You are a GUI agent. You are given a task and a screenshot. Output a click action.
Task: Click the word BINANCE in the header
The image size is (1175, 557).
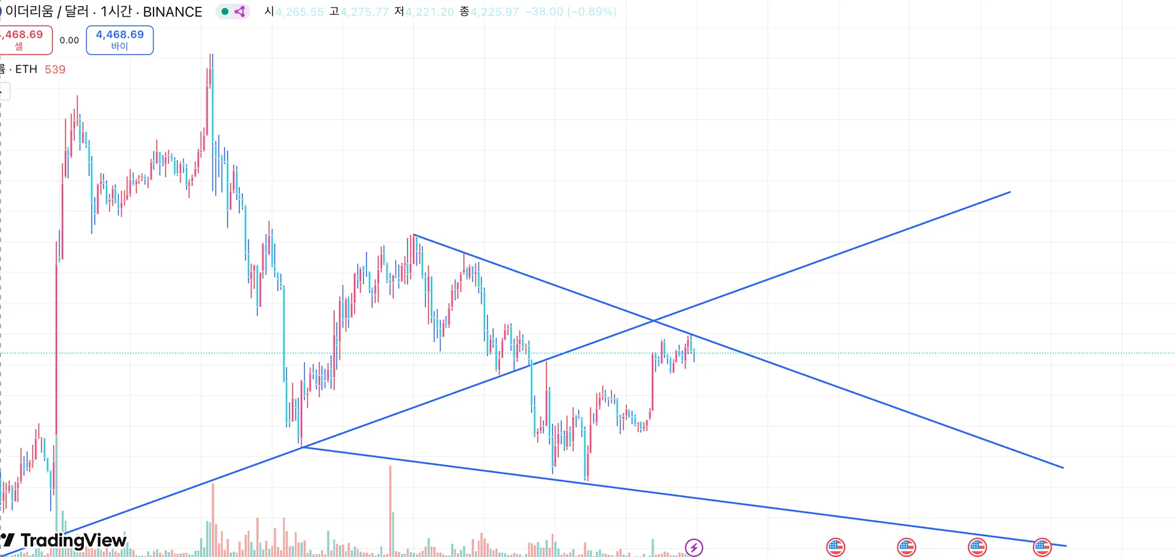(x=173, y=12)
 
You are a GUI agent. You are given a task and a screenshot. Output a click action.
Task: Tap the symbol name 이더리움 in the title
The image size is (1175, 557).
(x=29, y=12)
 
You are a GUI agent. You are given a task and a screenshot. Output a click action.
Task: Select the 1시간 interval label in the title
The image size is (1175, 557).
(x=116, y=12)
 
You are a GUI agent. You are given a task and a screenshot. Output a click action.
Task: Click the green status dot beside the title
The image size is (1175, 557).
(x=225, y=12)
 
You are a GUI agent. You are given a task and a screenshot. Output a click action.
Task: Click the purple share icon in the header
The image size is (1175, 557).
(x=240, y=12)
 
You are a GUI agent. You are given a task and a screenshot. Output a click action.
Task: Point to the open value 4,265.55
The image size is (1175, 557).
(x=299, y=12)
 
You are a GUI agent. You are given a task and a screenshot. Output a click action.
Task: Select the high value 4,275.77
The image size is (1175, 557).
(x=365, y=12)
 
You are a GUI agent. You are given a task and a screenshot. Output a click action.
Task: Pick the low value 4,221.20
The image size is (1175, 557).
(x=430, y=12)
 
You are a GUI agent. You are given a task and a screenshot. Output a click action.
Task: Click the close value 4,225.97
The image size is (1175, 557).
(x=494, y=12)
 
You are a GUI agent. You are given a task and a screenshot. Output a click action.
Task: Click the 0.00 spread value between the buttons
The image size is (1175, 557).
(x=69, y=40)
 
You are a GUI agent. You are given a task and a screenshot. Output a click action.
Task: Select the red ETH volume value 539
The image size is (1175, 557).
(x=55, y=70)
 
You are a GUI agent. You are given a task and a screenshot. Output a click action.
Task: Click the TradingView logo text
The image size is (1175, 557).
(x=73, y=540)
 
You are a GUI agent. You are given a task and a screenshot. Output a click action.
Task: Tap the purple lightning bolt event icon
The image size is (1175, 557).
(x=694, y=547)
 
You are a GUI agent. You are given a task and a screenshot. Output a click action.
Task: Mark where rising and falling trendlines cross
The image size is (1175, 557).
(x=654, y=320)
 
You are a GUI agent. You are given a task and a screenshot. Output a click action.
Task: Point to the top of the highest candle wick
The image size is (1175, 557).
(x=211, y=54)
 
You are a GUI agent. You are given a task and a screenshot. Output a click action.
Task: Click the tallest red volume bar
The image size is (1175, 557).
(x=390, y=468)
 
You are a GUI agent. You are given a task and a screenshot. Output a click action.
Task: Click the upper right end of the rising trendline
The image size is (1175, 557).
(x=1010, y=192)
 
